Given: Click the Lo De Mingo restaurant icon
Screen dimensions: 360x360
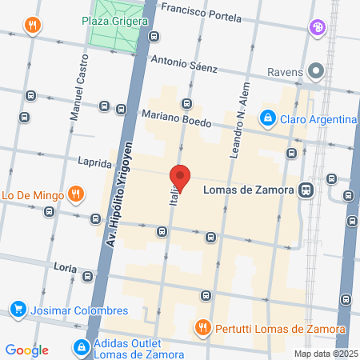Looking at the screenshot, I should [x=75, y=193].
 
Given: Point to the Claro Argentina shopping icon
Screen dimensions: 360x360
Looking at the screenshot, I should [x=267, y=120].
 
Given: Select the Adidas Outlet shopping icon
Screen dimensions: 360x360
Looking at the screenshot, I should [x=81, y=346].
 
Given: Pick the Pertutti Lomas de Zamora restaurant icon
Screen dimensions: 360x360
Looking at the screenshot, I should [x=203, y=328].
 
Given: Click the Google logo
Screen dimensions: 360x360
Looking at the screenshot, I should [x=26, y=350].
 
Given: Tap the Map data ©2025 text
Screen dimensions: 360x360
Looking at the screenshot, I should [x=325, y=354].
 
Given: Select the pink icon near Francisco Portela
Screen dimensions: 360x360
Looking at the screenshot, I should [x=318, y=28].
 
